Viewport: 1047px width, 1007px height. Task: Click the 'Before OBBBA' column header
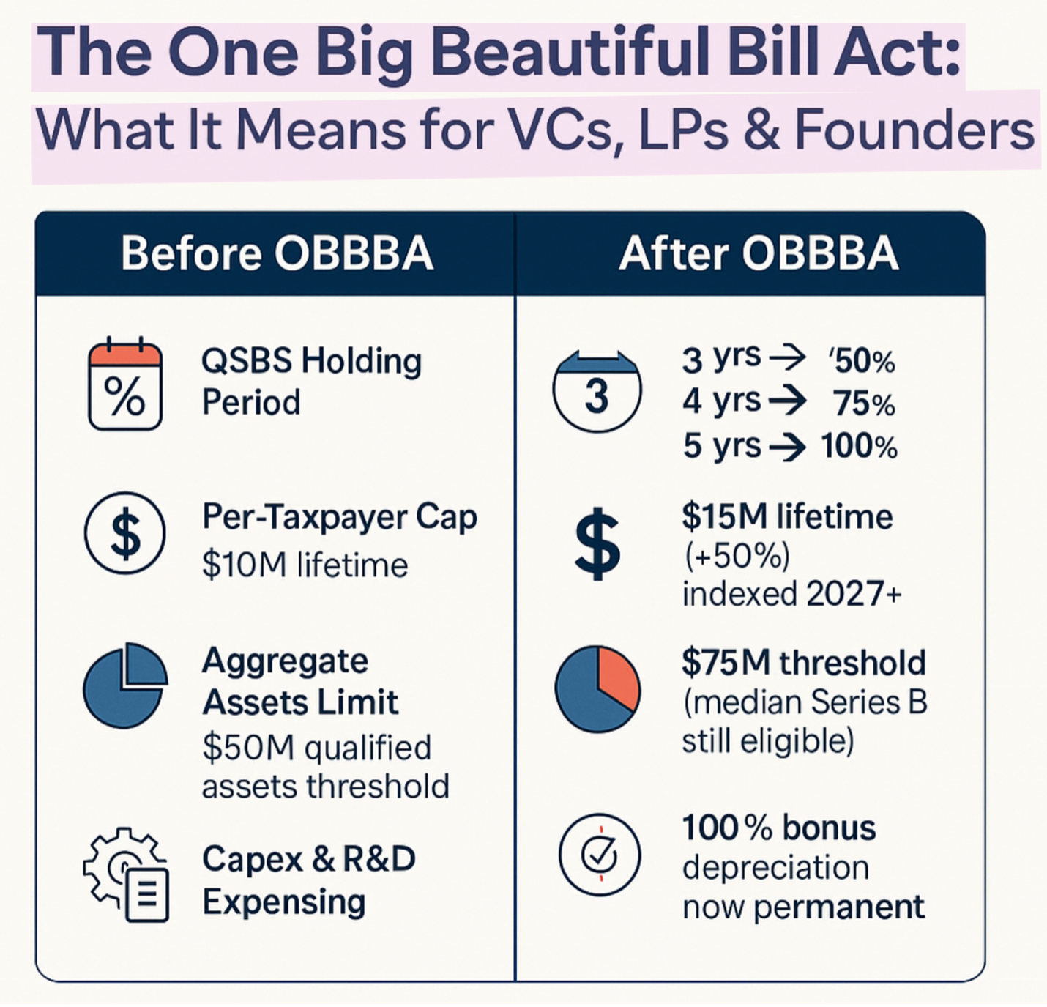[277, 253]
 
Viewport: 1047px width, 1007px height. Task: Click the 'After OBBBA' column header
[759, 253]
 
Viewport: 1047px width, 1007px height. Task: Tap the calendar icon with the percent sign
[124, 385]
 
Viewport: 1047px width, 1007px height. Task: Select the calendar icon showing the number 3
[597, 393]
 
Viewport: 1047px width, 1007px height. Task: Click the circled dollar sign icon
[125, 533]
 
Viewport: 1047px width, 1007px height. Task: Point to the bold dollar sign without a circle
[597, 543]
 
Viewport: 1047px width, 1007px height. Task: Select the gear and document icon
[127, 874]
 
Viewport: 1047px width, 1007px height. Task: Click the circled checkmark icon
[600, 855]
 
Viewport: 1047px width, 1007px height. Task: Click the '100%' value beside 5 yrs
[859, 446]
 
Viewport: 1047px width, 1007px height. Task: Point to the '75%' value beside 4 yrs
[864, 404]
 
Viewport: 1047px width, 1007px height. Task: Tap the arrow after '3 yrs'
[788, 358]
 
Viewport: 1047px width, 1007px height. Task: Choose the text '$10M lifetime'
[305, 565]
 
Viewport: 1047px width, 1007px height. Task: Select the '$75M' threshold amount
[726, 662]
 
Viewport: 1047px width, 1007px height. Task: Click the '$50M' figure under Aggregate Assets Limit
[248, 748]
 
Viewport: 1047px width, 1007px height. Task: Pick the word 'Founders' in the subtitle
[914, 130]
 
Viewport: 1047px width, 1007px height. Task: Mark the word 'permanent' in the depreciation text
[839, 907]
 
